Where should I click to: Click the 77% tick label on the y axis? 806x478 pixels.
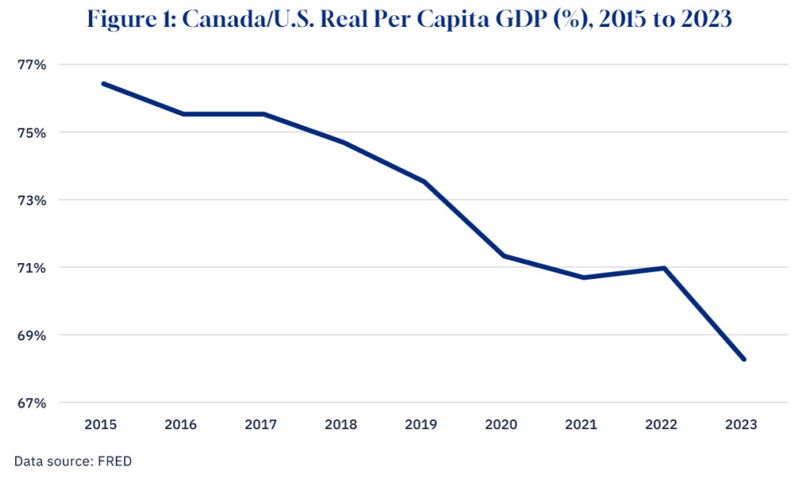click(x=31, y=65)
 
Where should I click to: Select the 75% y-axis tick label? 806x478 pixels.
click(x=31, y=133)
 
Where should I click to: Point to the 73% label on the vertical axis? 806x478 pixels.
click(x=31, y=201)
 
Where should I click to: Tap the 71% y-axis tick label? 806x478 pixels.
click(x=31, y=268)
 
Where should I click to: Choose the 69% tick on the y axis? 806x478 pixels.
click(x=31, y=336)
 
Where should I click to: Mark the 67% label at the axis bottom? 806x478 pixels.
click(x=31, y=403)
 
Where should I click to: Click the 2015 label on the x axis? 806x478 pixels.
click(x=102, y=425)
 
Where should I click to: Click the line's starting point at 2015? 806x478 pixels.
click(x=102, y=83)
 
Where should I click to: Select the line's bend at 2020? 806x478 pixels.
click(x=503, y=255)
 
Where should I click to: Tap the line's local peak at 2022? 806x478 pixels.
click(x=663, y=268)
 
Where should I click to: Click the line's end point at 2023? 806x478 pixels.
click(x=744, y=360)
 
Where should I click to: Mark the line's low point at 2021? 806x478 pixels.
click(x=584, y=277)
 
